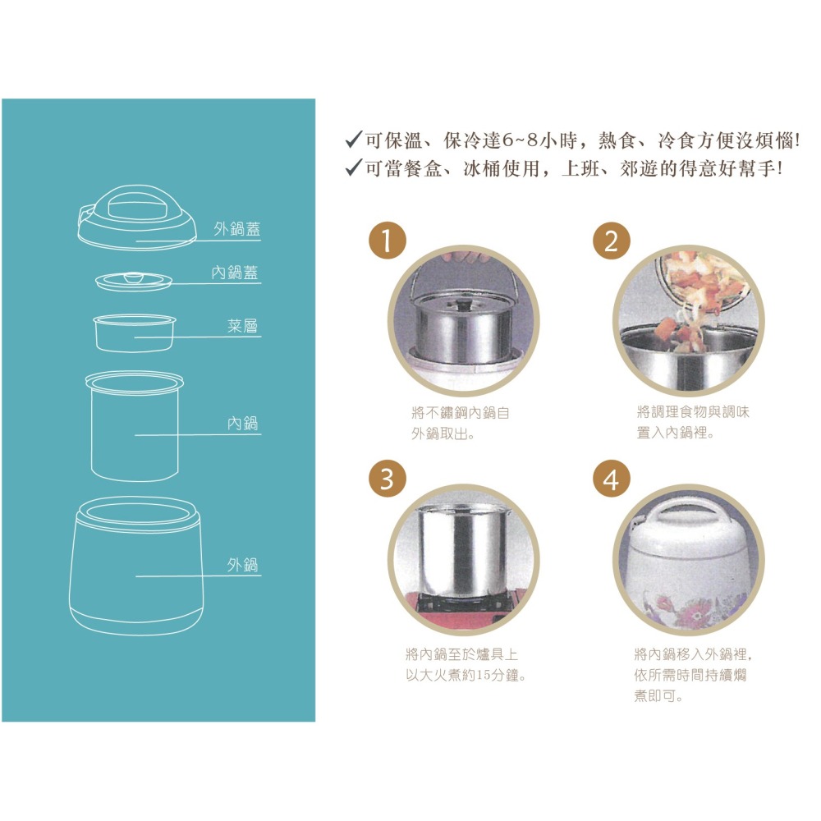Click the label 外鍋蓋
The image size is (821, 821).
click(236, 229)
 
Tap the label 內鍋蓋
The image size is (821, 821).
click(235, 273)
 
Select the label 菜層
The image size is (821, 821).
click(242, 326)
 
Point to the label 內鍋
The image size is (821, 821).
click(242, 423)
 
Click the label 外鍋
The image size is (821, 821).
click(242, 565)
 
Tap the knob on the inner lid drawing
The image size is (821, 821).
click(134, 277)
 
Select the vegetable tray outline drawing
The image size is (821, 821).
click(134, 333)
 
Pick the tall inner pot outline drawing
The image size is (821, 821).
click(135, 425)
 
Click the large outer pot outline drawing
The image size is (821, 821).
click(135, 566)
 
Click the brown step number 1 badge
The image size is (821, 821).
click(388, 241)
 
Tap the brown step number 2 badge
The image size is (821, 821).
click(611, 241)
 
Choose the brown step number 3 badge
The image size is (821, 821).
click(388, 479)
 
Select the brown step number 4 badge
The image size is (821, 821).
click(611, 479)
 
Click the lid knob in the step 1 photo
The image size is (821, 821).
click(461, 305)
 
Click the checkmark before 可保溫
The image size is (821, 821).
click(353, 140)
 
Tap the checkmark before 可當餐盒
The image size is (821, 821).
click(353, 167)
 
